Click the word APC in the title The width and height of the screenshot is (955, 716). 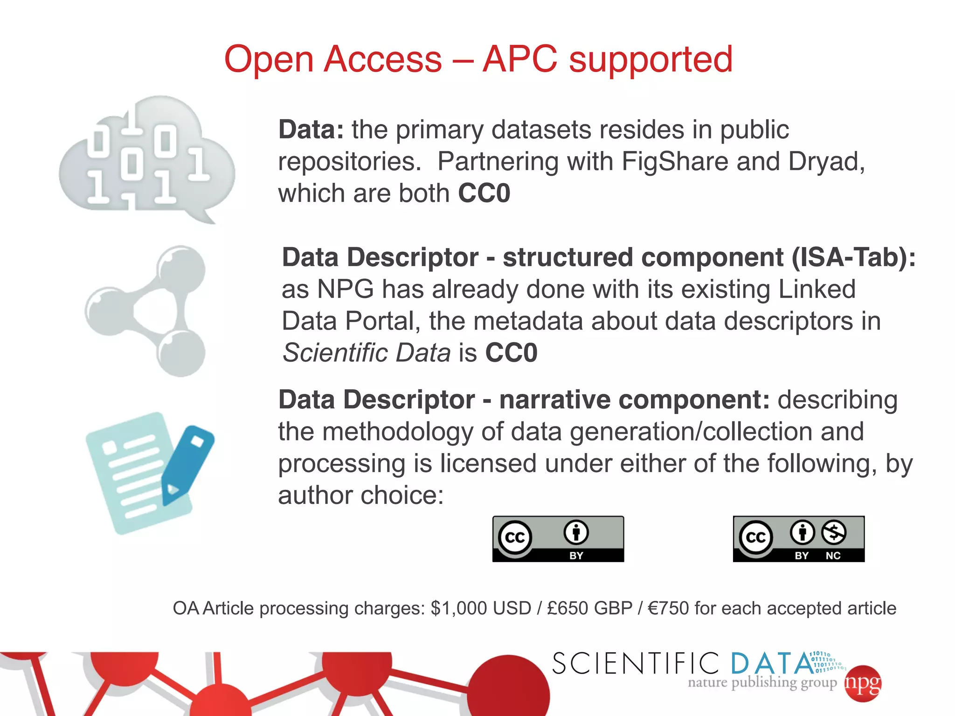tap(519, 59)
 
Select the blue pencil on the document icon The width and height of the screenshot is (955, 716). tap(187, 464)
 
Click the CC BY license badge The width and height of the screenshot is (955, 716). tap(558, 539)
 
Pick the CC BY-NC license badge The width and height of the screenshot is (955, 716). tap(798, 539)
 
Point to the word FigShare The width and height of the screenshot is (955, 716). tap(675, 162)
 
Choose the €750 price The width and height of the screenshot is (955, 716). tap(668, 608)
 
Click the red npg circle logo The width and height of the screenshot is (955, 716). tap(863, 683)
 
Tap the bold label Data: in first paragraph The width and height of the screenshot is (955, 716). tap(311, 130)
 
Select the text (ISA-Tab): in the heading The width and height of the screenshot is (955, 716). tap(853, 257)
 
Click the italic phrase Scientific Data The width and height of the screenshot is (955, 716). tap(367, 352)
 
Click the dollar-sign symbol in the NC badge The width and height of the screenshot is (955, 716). tap(833, 532)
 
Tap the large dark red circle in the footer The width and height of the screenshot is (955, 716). tap(508, 690)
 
